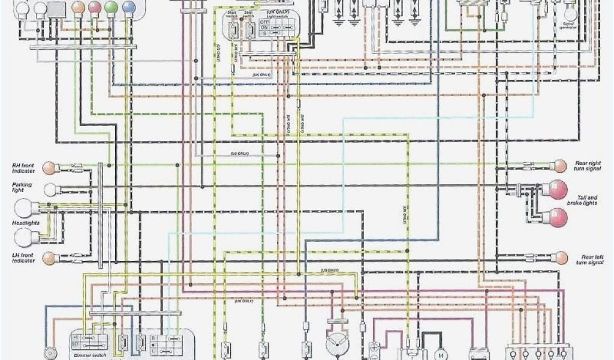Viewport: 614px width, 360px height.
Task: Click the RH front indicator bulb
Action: (x=52, y=167)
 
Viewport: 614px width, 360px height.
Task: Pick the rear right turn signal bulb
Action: (x=560, y=166)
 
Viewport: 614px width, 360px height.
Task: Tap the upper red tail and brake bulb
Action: (x=558, y=190)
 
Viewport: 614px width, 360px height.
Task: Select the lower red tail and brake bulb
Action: (x=558, y=217)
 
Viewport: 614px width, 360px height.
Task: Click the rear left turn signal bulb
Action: (x=561, y=257)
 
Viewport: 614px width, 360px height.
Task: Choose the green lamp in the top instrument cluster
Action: (x=111, y=8)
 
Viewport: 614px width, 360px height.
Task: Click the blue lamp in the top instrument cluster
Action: (x=128, y=8)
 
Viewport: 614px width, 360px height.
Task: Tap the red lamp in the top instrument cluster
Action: (x=94, y=8)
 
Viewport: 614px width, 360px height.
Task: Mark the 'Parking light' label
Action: (x=22, y=188)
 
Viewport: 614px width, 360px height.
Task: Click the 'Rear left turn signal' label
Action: (x=588, y=259)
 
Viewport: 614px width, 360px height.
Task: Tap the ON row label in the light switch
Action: (x=264, y=28)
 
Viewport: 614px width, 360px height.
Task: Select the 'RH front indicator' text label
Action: (x=22, y=167)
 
